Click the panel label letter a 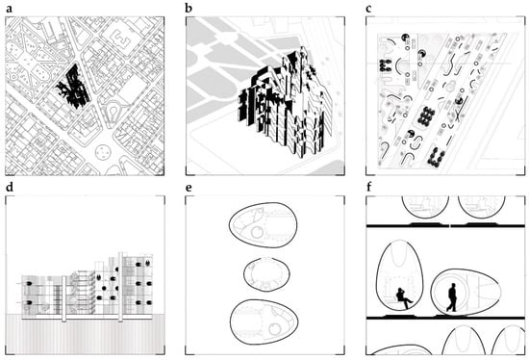point(9,9)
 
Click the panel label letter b point(189,8)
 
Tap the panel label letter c point(368,9)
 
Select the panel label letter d point(10,187)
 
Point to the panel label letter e point(189,188)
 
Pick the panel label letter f point(368,187)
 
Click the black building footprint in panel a point(73,88)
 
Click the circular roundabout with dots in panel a point(101,153)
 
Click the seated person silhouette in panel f point(404,297)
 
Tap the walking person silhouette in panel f point(452,297)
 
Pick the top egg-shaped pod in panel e point(264,225)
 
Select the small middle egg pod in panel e point(266,274)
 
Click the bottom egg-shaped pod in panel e point(264,321)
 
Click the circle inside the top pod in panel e point(258,232)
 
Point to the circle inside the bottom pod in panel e point(275,328)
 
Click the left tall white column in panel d point(63,298)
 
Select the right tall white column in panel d point(120,287)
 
